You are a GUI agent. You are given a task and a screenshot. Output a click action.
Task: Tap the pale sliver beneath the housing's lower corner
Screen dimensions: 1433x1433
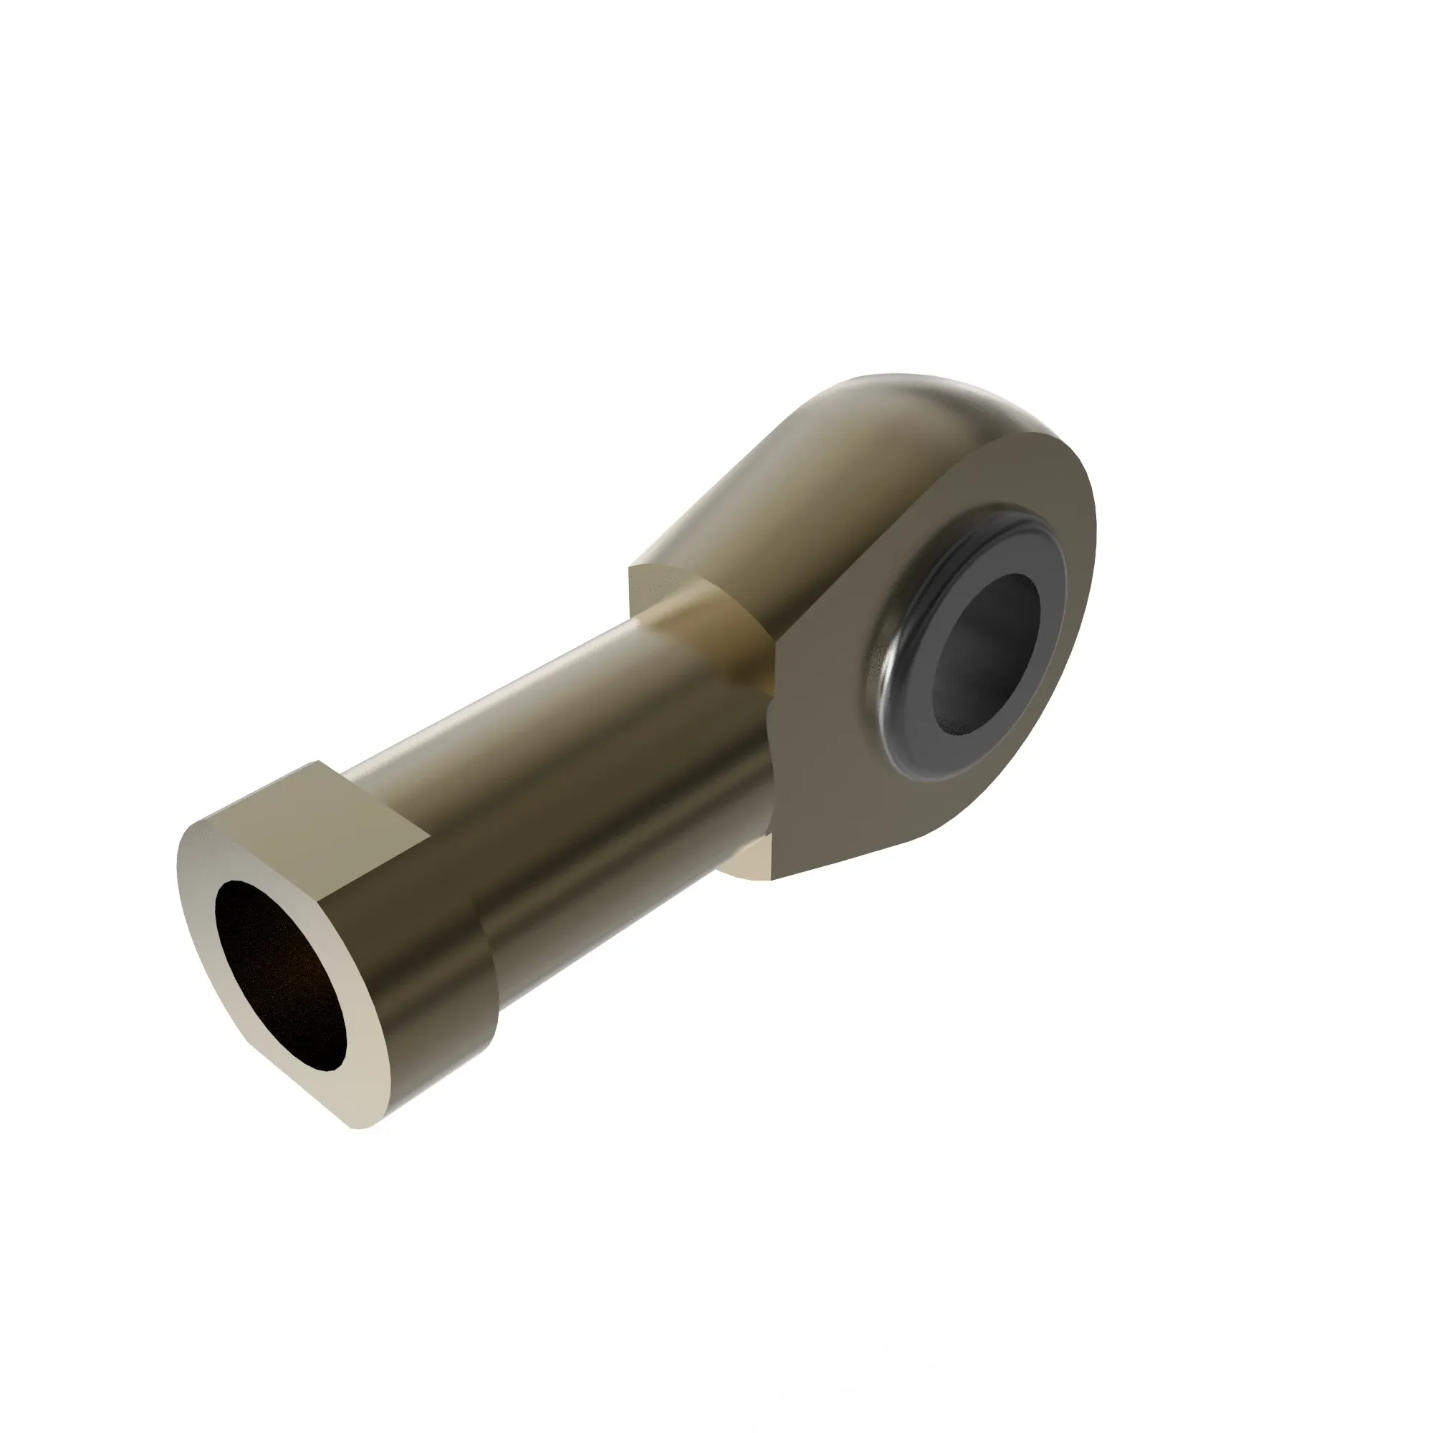pos(745,868)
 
